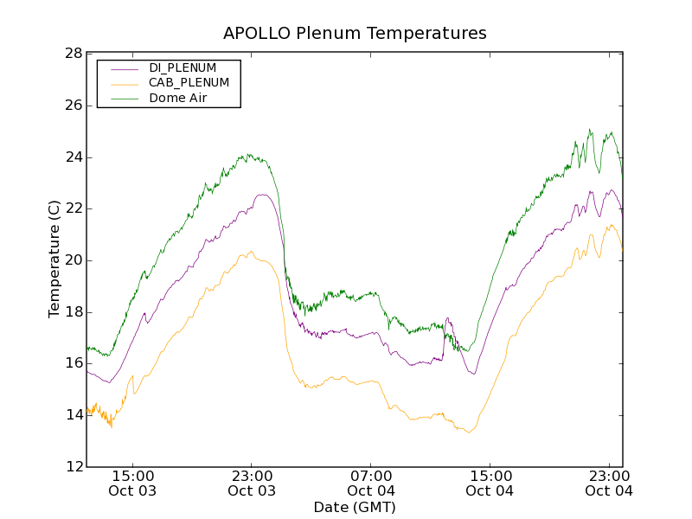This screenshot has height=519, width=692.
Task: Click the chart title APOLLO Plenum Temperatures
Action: point(355,34)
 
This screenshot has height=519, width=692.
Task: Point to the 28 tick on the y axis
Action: point(73,54)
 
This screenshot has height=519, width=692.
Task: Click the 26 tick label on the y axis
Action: point(73,106)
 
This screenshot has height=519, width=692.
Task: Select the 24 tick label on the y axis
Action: point(73,157)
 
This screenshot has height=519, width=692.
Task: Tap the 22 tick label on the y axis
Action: point(73,208)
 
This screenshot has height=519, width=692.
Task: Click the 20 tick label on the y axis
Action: point(73,260)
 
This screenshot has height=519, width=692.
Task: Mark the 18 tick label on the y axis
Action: point(73,312)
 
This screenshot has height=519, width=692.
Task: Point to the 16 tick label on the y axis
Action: point(73,363)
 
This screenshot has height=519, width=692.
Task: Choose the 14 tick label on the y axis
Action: point(73,415)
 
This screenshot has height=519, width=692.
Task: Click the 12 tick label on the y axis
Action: point(73,467)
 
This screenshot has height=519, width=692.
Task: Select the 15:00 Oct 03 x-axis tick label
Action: point(133,484)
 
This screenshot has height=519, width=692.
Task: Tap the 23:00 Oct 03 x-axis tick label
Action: point(252,484)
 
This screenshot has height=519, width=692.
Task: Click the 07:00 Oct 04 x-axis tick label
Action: point(371,484)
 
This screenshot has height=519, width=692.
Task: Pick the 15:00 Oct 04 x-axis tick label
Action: point(490,484)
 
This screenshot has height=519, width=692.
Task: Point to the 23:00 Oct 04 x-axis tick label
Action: point(609,484)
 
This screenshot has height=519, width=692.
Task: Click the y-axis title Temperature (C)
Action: point(54,259)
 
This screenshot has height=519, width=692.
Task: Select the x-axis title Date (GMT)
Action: point(355,508)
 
